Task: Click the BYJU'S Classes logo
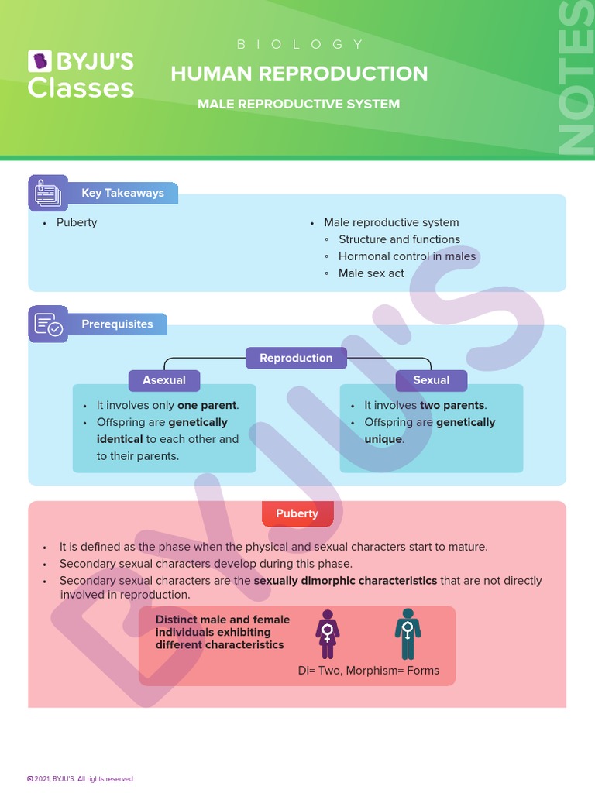coord(81,74)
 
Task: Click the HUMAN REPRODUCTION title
coord(299,74)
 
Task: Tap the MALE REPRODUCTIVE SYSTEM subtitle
coord(298,104)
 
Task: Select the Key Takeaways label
coord(122,193)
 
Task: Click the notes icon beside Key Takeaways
coord(48,194)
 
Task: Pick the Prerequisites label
coord(117,324)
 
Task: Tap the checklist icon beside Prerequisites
coord(48,324)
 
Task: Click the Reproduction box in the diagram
coord(296,358)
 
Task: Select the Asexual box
coord(164,380)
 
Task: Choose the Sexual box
coord(431,380)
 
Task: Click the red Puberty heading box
coord(297,513)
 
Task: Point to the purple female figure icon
coord(328,634)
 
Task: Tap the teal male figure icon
coord(408,634)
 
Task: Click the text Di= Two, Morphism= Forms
coord(368,671)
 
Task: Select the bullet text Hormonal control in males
coord(407,256)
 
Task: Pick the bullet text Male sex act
coord(371,273)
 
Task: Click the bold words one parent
coord(207,405)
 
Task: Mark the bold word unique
coord(383,439)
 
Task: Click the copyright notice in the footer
coord(81,779)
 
